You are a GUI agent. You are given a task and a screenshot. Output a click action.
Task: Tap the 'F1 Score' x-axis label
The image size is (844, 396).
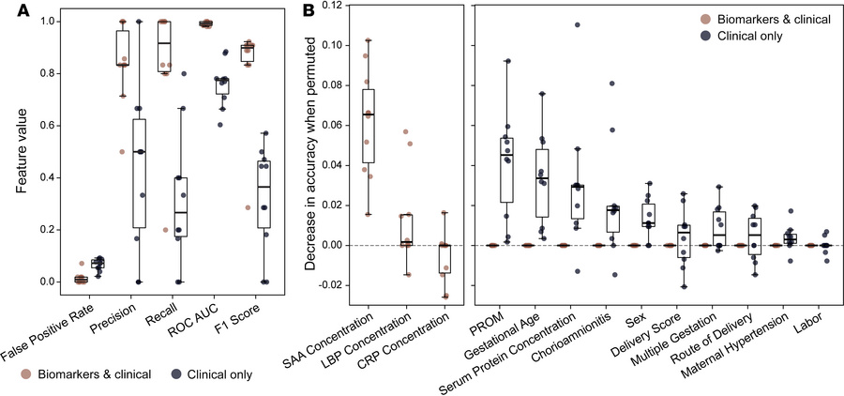tap(246, 320)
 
